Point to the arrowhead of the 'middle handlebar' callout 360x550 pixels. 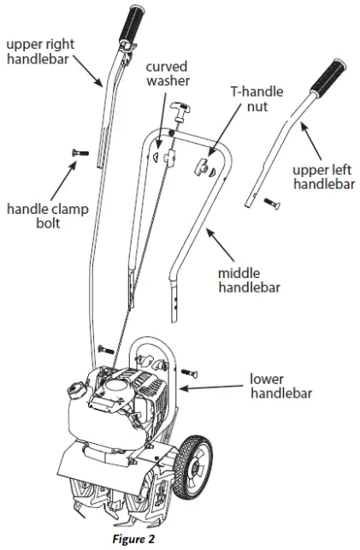pos(205,229)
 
